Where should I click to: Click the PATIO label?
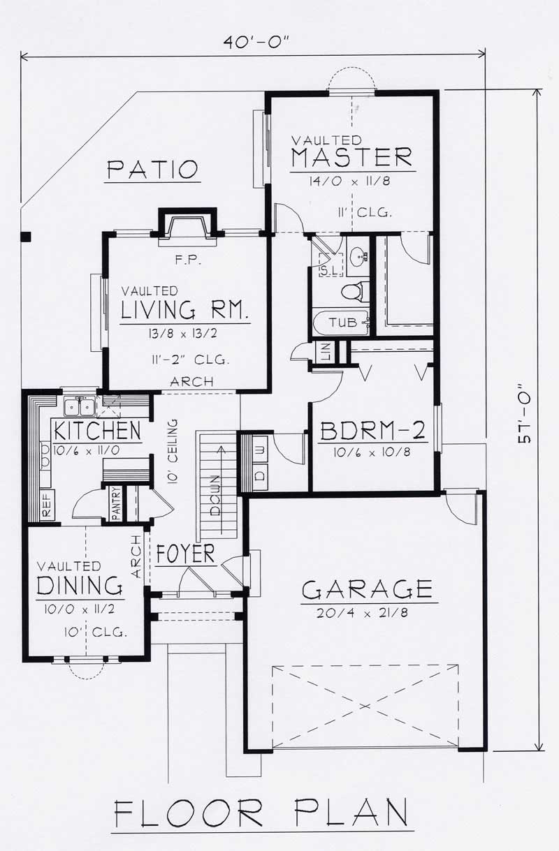(152, 170)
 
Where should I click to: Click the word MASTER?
(351, 158)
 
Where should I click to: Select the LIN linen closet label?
(326, 353)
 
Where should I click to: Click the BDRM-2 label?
(372, 431)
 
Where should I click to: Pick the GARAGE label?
(367, 590)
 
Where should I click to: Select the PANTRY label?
(117, 503)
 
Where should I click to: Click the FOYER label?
(185, 555)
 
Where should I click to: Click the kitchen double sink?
(79, 406)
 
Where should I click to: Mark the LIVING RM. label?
(185, 310)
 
